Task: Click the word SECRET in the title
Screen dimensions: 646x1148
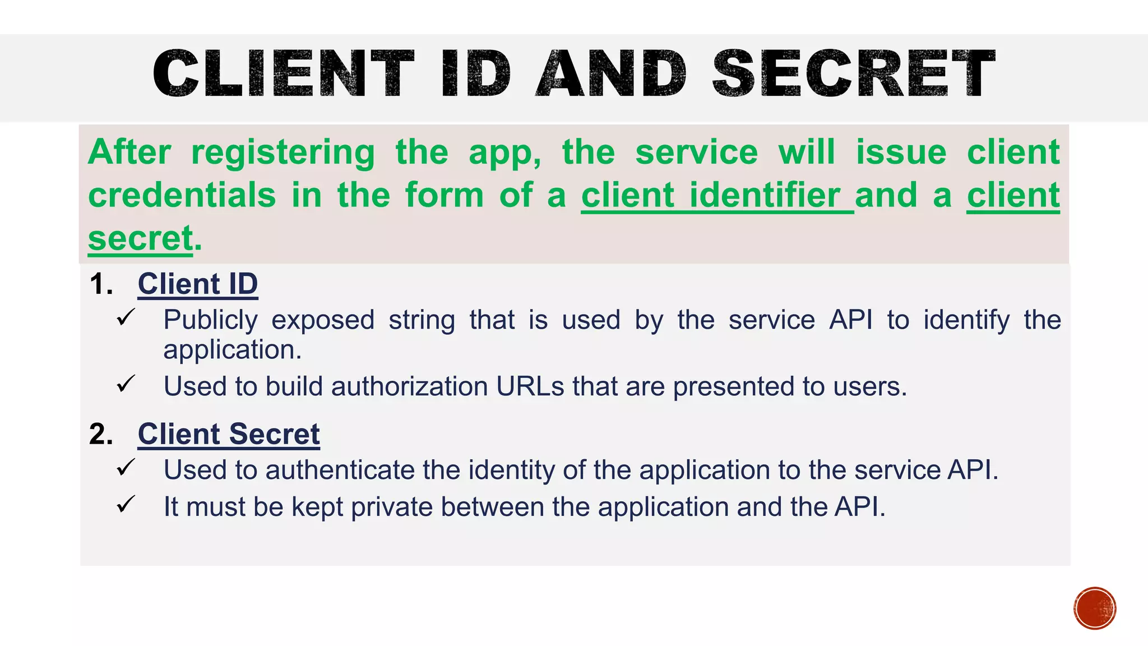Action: pos(853,73)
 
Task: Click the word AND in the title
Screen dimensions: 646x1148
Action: pos(611,73)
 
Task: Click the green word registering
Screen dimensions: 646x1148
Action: pos(283,153)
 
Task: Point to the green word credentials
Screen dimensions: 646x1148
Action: pos(182,196)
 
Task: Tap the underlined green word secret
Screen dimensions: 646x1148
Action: pos(141,239)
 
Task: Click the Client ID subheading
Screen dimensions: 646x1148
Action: pos(197,284)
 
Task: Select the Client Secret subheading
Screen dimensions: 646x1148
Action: pos(229,434)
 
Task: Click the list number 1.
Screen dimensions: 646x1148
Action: pos(101,284)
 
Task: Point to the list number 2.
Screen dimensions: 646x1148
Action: pos(101,435)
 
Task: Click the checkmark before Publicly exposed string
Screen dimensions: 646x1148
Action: pos(126,317)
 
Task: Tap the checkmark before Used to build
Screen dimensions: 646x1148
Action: pos(126,384)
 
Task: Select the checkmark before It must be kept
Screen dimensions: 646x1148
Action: pos(126,504)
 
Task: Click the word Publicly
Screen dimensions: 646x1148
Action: pos(210,321)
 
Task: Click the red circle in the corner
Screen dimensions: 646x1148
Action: pos(1094,608)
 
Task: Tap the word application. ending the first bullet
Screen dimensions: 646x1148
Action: pos(232,350)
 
